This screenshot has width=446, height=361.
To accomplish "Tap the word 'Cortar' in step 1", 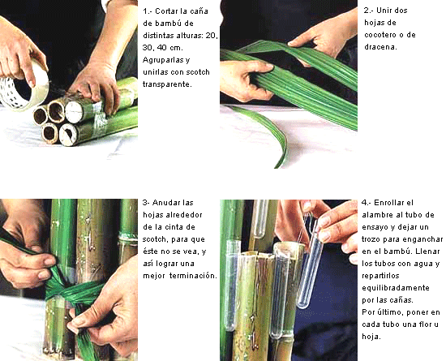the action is (167, 11).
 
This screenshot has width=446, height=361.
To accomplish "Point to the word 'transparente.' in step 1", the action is (167, 84).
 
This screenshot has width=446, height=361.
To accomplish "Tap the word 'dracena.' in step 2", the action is (380, 47).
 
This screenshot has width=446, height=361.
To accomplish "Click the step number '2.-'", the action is (368, 11).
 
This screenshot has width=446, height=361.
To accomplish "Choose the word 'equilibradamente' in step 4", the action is (396, 288).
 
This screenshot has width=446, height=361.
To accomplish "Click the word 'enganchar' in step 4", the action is (425, 239).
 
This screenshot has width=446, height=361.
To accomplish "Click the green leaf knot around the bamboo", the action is (71, 291).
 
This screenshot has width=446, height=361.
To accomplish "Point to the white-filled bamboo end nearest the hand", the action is (75, 112).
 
